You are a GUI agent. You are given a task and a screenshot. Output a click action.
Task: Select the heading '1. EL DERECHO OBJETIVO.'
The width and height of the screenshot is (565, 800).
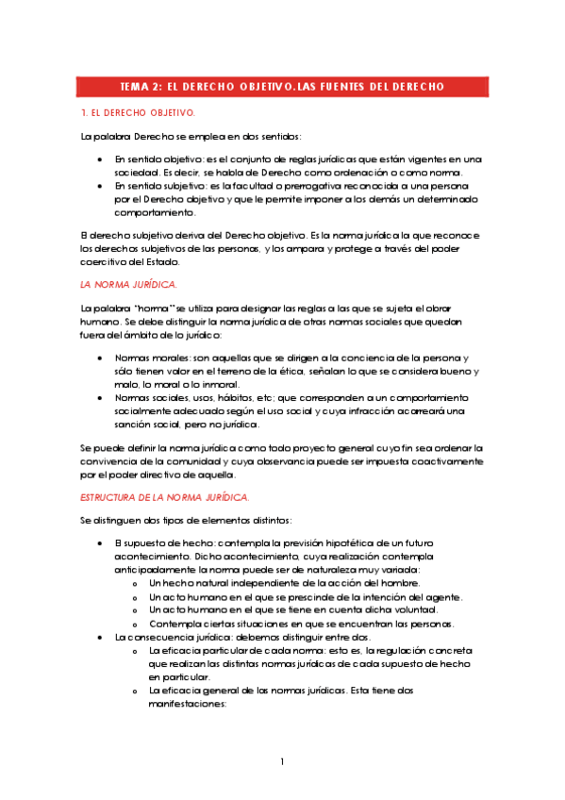[138, 113]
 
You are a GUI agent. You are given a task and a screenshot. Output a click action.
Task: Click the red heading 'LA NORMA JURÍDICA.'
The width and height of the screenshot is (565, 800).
[128, 284]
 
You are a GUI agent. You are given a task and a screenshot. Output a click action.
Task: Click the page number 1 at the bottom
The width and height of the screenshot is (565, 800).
[282, 761]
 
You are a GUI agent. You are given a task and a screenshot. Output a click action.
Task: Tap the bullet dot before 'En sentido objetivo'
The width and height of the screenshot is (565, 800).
[101, 160]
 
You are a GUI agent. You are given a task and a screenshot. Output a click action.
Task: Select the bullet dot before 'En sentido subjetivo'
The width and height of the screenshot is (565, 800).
[101, 187]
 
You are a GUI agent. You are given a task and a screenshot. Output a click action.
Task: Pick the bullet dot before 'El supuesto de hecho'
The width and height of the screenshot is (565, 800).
[101, 545]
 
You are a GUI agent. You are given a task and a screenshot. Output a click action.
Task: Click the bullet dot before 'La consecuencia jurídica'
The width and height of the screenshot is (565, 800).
[101, 638]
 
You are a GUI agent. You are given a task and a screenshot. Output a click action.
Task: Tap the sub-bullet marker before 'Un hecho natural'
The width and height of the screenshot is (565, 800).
[138, 585]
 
